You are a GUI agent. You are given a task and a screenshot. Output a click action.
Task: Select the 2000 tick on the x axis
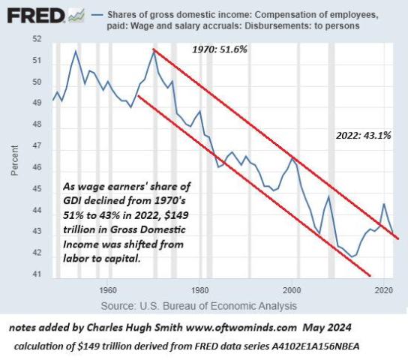tap(292, 289)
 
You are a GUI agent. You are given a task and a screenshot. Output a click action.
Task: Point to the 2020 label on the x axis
tap(385, 289)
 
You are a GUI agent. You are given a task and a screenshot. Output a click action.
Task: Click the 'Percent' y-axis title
tap(14, 157)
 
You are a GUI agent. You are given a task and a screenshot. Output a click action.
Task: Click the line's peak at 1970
tap(154, 51)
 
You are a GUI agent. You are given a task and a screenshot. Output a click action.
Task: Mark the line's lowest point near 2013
tap(353, 256)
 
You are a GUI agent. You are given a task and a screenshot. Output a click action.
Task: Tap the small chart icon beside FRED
tap(76, 14)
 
